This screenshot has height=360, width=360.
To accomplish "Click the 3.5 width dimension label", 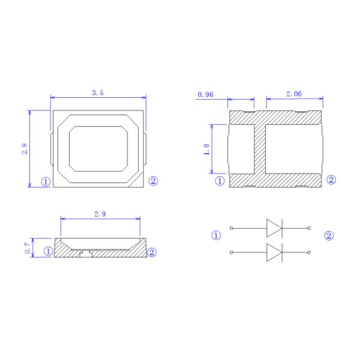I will (x=97, y=92).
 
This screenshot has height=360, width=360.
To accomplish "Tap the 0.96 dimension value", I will (x=206, y=95).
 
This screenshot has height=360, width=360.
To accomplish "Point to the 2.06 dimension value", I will (x=294, y=94).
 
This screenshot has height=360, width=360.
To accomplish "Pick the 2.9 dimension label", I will (x=100, y=214).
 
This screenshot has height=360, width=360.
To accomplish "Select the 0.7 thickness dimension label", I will (x=26, y=247).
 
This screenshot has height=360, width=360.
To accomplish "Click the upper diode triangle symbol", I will (x=274, y=228).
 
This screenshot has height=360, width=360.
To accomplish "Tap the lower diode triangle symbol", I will (x=274, y=253).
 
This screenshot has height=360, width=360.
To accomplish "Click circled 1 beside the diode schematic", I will (x=217, y=236).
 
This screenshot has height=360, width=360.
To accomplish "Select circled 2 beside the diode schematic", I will (x=329, y=236).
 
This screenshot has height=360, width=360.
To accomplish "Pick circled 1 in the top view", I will (x=45, y=181).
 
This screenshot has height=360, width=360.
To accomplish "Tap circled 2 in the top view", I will (x=153, y=181).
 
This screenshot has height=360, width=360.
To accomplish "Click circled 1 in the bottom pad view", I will (x=220, y=180).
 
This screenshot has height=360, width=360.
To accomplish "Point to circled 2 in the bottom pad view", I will (x=331, y=180).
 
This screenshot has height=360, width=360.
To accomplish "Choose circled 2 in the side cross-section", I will (x=152, y=252).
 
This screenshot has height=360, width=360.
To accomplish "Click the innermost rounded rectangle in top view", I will (x=98, y=148).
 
